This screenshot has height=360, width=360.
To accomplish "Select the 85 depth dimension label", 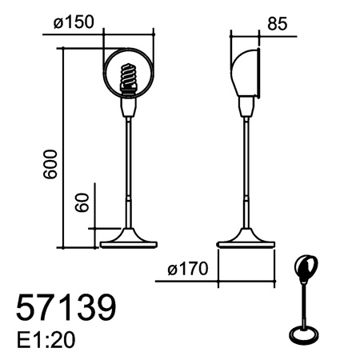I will pyautogui.click(x=278, y=24).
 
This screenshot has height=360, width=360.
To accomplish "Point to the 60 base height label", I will pyautogui.click(x=82, y=202).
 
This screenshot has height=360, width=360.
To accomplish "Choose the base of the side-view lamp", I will pyautogui.click(x=246, y=238).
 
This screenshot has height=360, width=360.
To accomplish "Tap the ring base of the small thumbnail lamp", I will pyautogui.click(x=305, y=334).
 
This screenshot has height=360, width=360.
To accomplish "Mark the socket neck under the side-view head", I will pyautogui.click(x=246, y=105).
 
